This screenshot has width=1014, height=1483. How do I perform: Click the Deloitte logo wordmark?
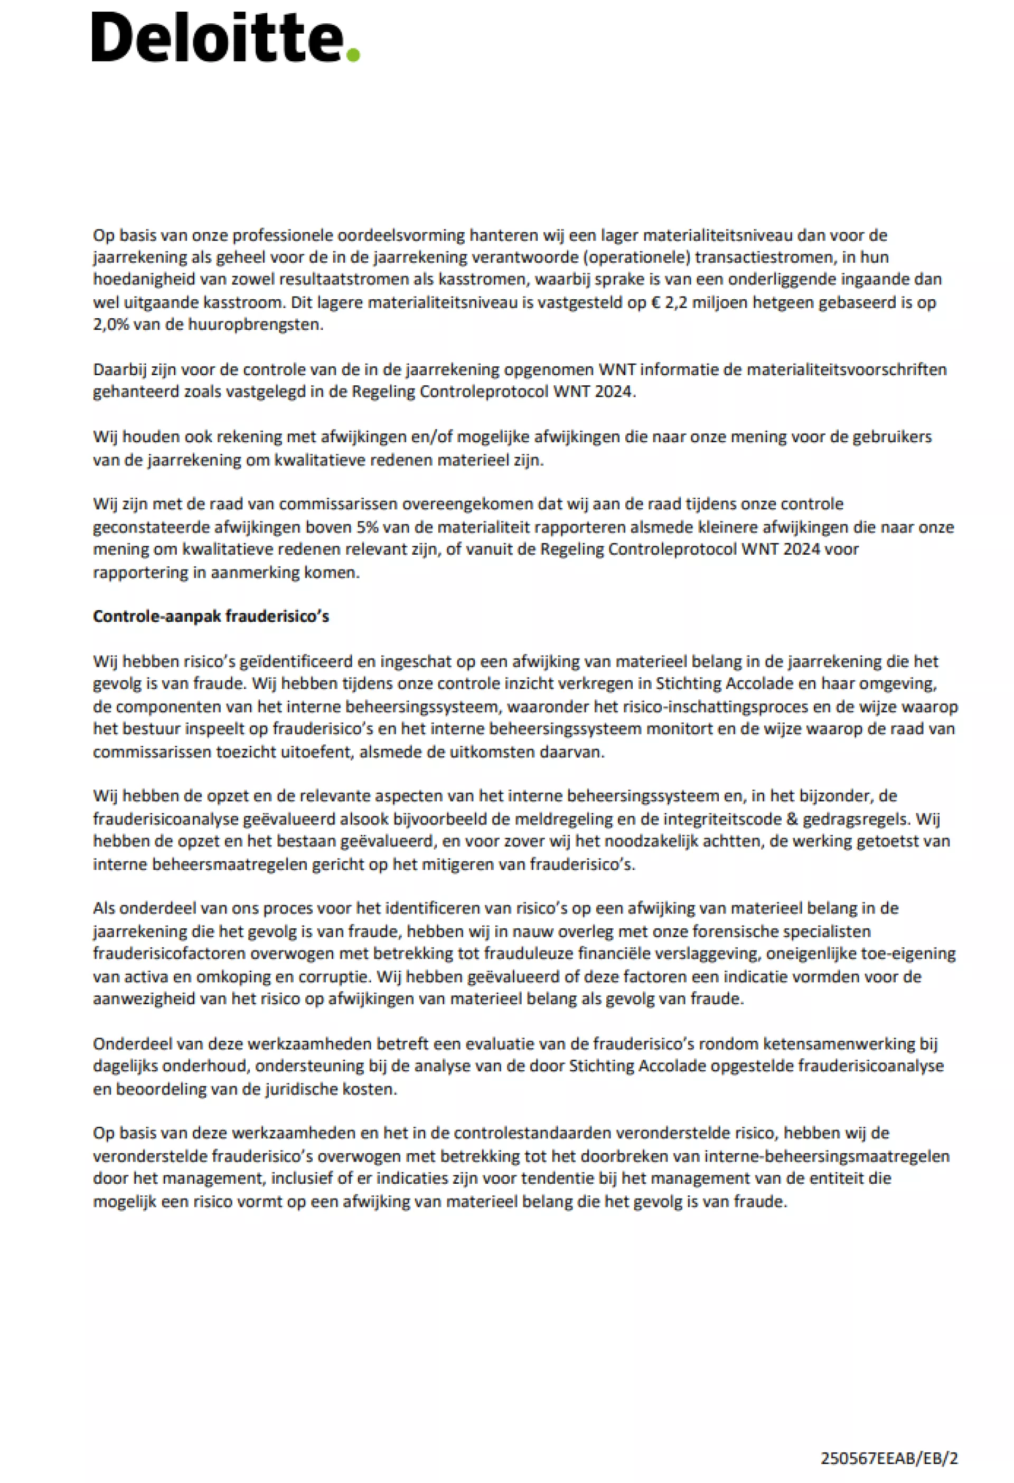pos(217,39)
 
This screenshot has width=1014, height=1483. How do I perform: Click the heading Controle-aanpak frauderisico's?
pos(211,616)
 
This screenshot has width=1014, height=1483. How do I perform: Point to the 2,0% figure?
pos(112,324)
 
